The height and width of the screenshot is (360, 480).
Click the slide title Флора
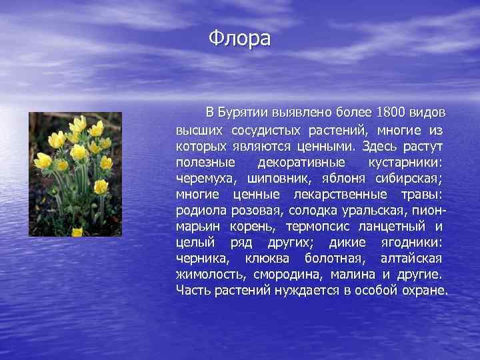(239, 39)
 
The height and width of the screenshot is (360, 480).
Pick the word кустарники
(406, 162)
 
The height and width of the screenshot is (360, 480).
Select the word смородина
(285, 274)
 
